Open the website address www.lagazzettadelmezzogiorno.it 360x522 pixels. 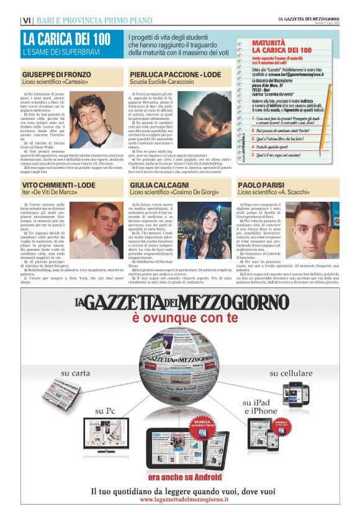[181, 500]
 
